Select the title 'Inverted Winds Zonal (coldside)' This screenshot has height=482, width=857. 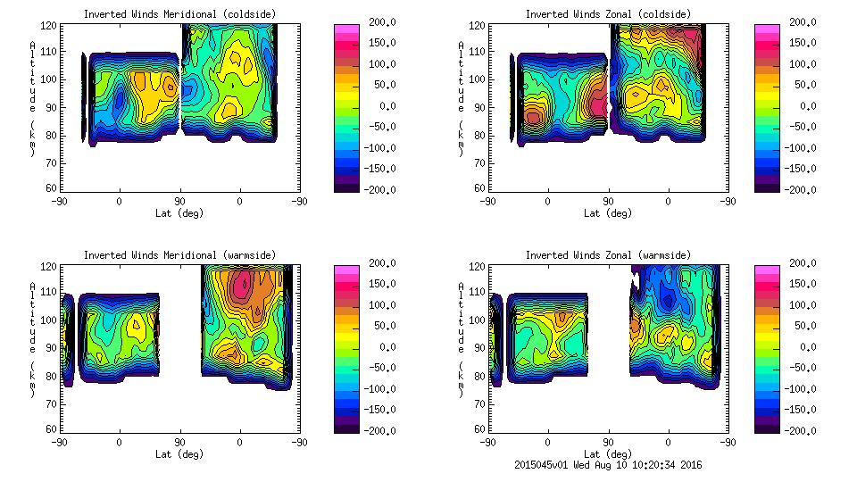pos(608,14)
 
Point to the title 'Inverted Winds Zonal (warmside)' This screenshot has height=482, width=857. pos(608,255)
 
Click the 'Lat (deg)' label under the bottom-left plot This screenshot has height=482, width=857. pos(179,453)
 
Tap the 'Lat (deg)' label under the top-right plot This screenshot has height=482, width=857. pos(608,212)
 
